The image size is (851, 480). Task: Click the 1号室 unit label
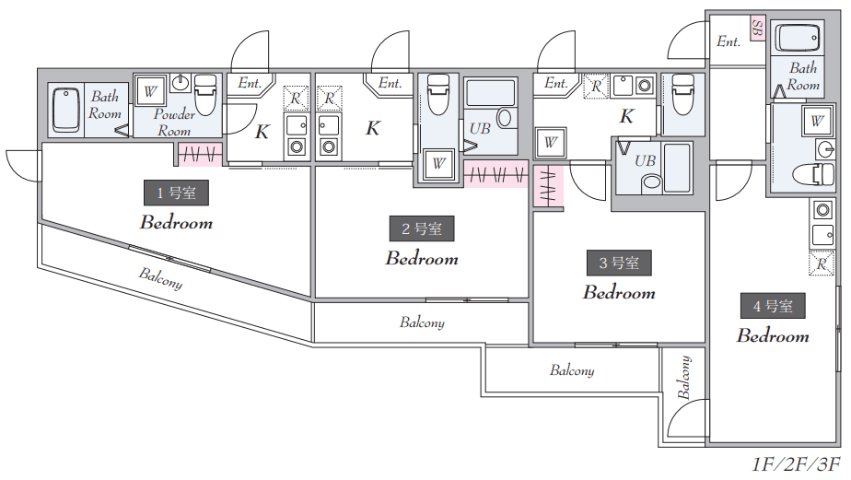[x=176, y=193]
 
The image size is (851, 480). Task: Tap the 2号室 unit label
[x=421, y=228]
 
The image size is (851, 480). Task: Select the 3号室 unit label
[x=619, y=263]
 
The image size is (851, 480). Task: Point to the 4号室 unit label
[x=773, y=306]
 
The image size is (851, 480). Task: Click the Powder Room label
[x=174, y=123]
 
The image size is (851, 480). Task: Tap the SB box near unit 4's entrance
[x=757, y=28]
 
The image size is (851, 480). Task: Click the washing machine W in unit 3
[x=550, y=142]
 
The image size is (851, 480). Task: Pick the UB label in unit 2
[x=479, y=129]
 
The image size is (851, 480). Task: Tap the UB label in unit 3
[x=646, y=160]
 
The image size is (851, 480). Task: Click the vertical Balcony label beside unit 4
[x=684, y=378]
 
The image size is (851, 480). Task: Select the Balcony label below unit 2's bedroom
[x=422, y=322]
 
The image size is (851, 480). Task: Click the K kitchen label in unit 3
[x=626, y=117]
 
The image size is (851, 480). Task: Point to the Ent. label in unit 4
[x=729, y=41]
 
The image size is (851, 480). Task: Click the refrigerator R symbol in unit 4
[x=820, y=263]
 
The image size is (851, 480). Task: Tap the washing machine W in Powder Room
[x=149, y=91]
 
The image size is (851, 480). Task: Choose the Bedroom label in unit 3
[x=619, y=293]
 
